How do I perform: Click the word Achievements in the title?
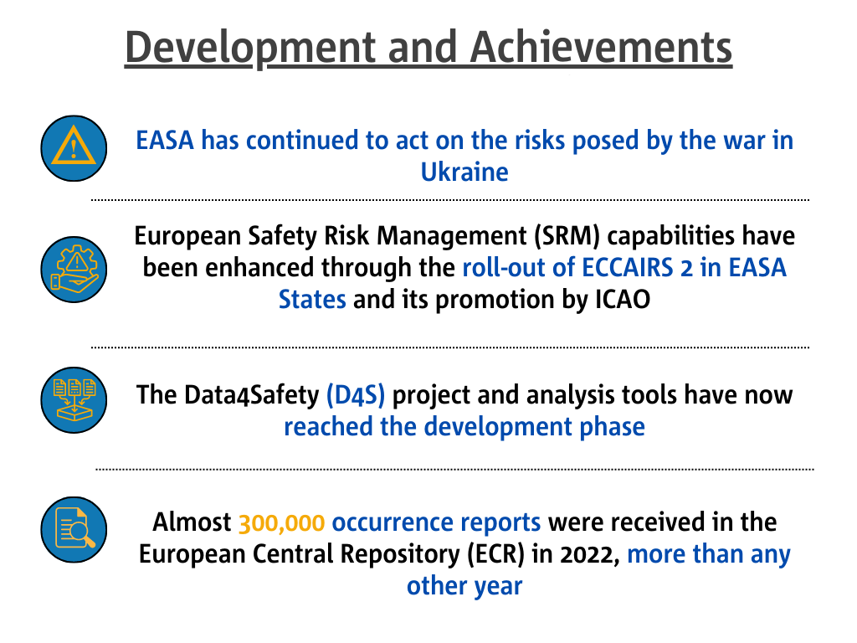(600, 47)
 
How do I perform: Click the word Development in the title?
(250, 48)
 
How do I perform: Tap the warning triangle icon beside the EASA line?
(74, 148)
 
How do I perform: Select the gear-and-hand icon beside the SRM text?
(74, 270)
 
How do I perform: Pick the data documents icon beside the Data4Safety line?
(74, 400)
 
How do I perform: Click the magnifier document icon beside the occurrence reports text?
(74, 529)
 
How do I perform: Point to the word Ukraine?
(464, 172)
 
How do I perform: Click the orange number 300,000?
(281, 523)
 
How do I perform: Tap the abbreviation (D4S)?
(356, 395)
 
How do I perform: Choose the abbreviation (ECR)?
(495, 554)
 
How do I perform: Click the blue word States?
(312, 300)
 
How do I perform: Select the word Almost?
(192, 522)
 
